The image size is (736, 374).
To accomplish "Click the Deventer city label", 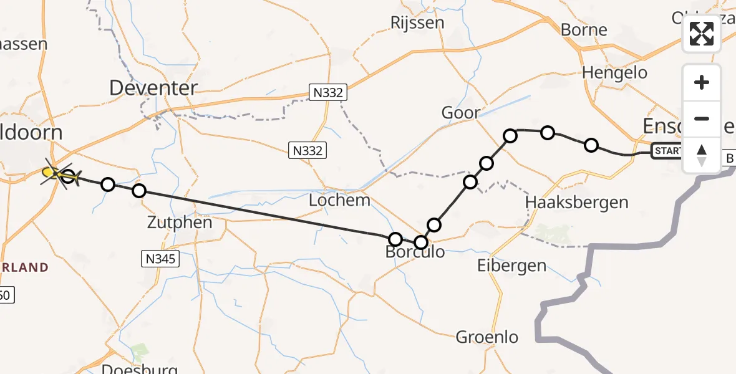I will tap(153, 88).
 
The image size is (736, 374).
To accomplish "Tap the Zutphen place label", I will tap(180, 223).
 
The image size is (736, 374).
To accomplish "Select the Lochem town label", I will tap(339, 201).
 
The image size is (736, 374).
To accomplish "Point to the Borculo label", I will tap(415, 252).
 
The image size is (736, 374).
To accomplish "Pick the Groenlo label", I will tap(487, 337).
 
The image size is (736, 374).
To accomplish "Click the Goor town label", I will tap(461, 113).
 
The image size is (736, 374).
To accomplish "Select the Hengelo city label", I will tap(614, 72).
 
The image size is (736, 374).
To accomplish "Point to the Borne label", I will tap(584, 29).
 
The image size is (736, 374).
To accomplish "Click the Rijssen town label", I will tap(417, 22).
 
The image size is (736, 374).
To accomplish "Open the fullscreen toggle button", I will tap(702, 34).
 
